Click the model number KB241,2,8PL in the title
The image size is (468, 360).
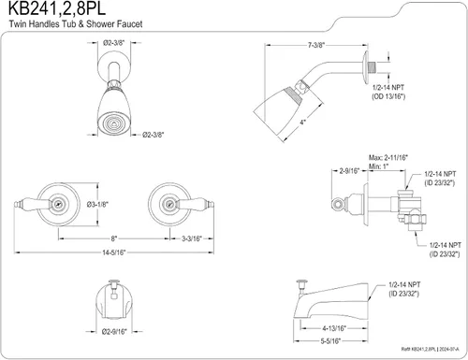coord(56,8)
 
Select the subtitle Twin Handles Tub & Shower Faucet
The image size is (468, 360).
coord(76,24)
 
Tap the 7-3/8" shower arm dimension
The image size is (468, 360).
coord(316,45)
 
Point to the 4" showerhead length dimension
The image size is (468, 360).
coord(302,122)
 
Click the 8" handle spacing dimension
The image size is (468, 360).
coord(114,238)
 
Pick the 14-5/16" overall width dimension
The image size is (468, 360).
coord(113,252)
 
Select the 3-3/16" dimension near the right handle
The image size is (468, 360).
coord(192,238)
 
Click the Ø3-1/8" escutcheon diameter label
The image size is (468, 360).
coord(97,205)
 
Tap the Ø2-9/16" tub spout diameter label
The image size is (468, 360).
coord(114,332)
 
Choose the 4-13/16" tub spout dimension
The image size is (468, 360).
coord(334,328)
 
